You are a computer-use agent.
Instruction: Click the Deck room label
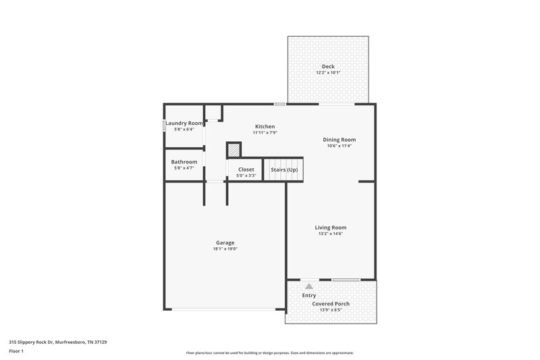328,66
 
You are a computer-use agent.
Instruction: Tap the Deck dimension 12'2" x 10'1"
328,73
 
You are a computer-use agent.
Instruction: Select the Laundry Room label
184,123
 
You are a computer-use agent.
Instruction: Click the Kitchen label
265,126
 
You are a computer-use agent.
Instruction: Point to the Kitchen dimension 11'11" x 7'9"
265,133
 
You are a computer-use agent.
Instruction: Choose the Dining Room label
339,140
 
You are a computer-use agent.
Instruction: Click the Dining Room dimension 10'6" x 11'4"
339,146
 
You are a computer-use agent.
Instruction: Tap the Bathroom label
184,161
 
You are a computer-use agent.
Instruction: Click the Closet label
246,169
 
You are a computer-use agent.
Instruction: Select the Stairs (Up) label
284,169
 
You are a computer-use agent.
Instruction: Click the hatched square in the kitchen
234,149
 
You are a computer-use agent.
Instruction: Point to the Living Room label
331,228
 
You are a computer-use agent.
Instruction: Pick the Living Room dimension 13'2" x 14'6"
331,234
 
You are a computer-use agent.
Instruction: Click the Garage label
225,242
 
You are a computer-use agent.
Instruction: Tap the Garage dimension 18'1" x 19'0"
225,249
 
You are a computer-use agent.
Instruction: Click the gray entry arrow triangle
309,286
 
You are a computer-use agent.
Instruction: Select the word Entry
309,295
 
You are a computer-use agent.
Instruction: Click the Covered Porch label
331,304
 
